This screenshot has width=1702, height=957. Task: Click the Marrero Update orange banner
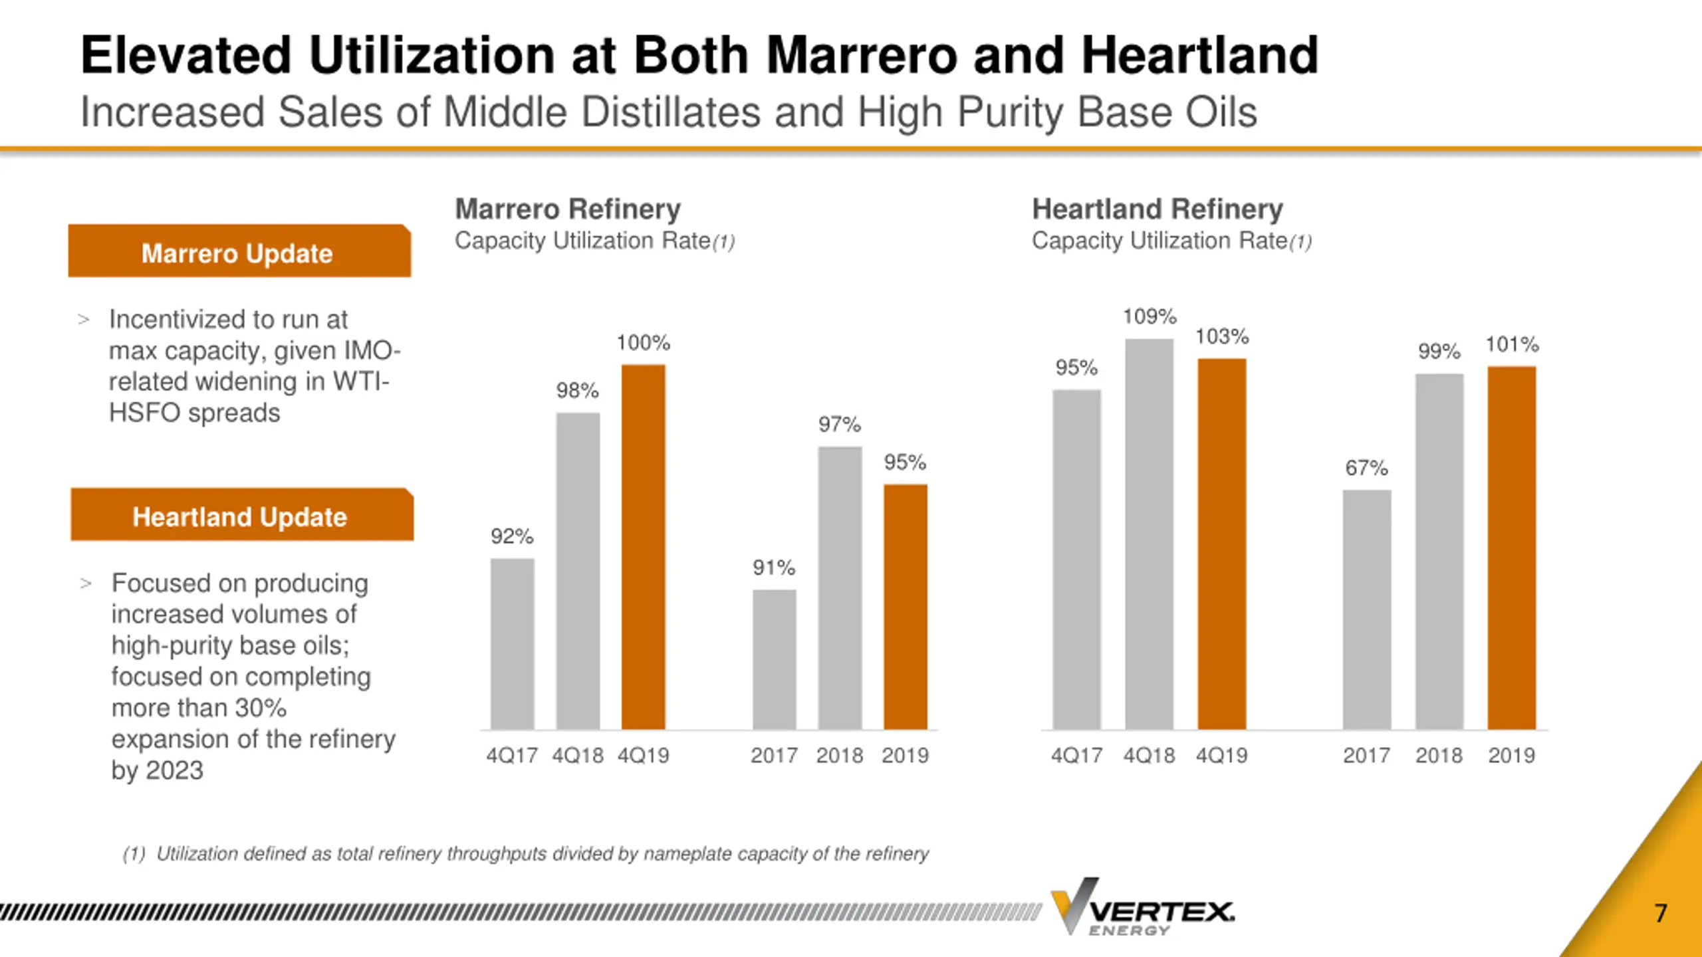pyautogui.click(x=239, y=252)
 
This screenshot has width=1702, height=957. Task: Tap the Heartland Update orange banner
pyautogui.click(x=242, y=516)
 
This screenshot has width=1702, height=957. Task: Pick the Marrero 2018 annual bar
pyautogui.click(x=840, y=587)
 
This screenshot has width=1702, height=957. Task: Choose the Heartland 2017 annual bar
pyautogui.click(x=1366, y=609)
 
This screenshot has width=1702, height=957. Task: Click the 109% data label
pyautogui.click(x=1150, y=316)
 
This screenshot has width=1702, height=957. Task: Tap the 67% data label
pyautogui.click(x=1366, y=468)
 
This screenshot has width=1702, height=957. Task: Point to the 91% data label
pyautogui.click(x=774, y=568)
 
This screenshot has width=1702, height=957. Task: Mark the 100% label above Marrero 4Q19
pyautogui.click(x=643, y=343)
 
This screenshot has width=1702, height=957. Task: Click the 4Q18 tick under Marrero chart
pyautogui.click(x=578, y=756)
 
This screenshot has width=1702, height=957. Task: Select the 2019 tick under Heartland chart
pyautogui.click(x=1511, y=756)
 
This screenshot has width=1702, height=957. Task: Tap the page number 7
pyautogui.click(x=1661, y=913)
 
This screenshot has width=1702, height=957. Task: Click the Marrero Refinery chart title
pyautogui.click(x=568, y=209)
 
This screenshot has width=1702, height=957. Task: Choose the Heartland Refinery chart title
pyautogui.click(x=1157, y=209)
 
